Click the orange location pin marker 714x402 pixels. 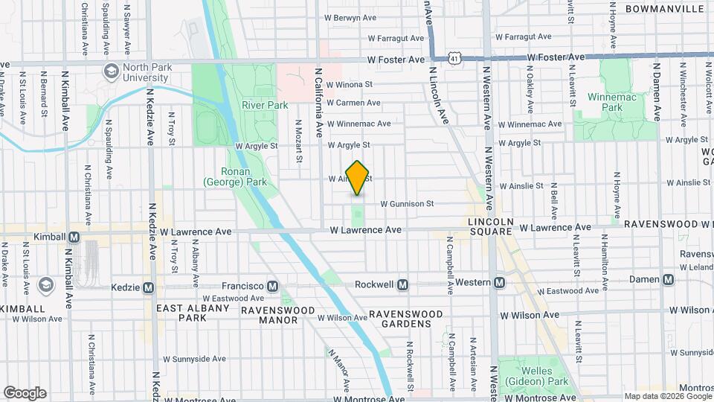click(x=358, y=178)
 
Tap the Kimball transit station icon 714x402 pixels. click(x=74, y=237)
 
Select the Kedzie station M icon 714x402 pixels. click(x=148, y=287)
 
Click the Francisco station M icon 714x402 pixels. click(x=272, y=286)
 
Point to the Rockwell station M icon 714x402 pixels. click(x=402, y=284)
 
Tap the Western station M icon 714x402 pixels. click(x=500, y=282)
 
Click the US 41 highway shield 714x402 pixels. click(x=454, y=57)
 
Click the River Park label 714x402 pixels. click(x=265, y=106)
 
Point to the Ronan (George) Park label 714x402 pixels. click(x=234, y=176)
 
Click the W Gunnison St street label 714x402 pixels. click(x=407, y=203)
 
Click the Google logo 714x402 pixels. click(x=25, y=392)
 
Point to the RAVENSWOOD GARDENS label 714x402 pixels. click(x=406, y=319)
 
